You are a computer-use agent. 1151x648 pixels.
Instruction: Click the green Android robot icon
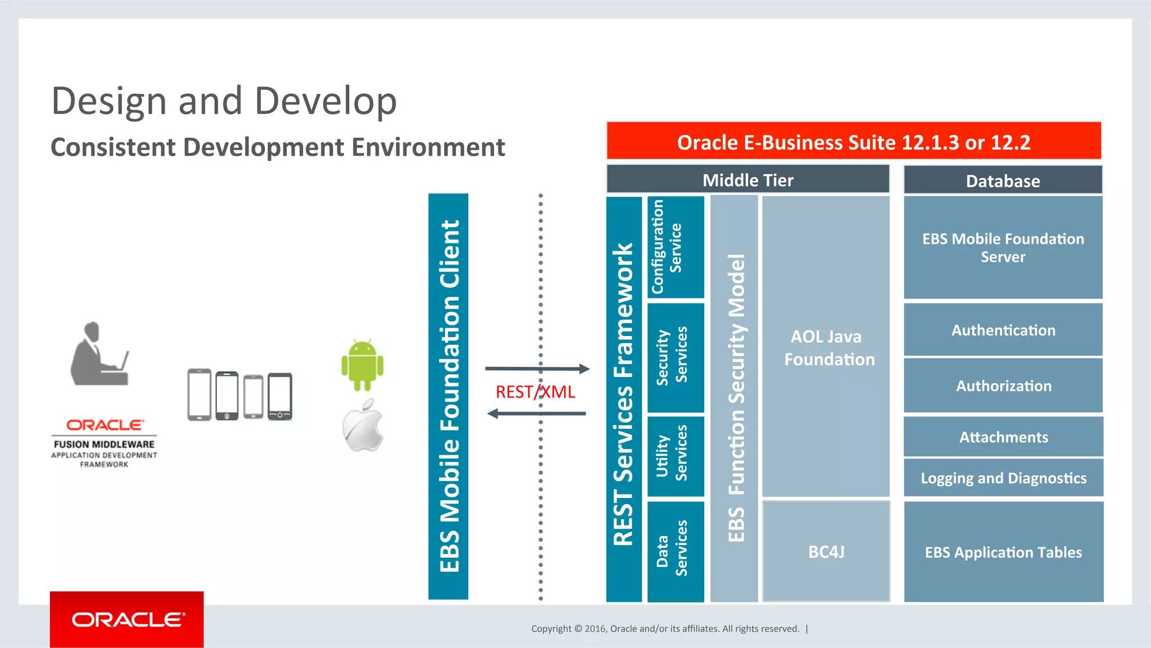pos(362,365)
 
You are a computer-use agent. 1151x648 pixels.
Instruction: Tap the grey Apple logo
pos(363,427)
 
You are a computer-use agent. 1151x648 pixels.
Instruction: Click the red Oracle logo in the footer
pos(127,619)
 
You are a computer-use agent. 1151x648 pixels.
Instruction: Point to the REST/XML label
pos(535,392)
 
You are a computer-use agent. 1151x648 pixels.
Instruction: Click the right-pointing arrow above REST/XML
pos(537,369)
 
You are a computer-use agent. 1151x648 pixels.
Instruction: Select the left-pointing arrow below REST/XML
pos(537,414)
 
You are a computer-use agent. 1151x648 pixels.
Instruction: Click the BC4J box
pos(826,551)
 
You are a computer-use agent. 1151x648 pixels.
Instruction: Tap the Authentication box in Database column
pos(1003,330)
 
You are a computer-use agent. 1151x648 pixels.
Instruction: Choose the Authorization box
pos(1003,386)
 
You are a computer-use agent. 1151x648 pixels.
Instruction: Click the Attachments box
pos(1003,437)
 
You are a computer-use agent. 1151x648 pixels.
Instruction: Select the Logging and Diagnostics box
pos(1003,478)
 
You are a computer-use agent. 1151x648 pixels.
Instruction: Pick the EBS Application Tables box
pos(1003,552)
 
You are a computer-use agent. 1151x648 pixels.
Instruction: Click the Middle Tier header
pos(747,180)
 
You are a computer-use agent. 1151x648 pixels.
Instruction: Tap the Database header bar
pos(1003,180)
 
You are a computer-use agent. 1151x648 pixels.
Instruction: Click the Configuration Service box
pos(676,247)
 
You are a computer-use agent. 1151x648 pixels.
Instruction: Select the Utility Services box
pos(676,456)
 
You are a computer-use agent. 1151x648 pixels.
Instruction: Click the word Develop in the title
pos(325,101)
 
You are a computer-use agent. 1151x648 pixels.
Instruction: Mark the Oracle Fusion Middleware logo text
pos(104,444)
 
